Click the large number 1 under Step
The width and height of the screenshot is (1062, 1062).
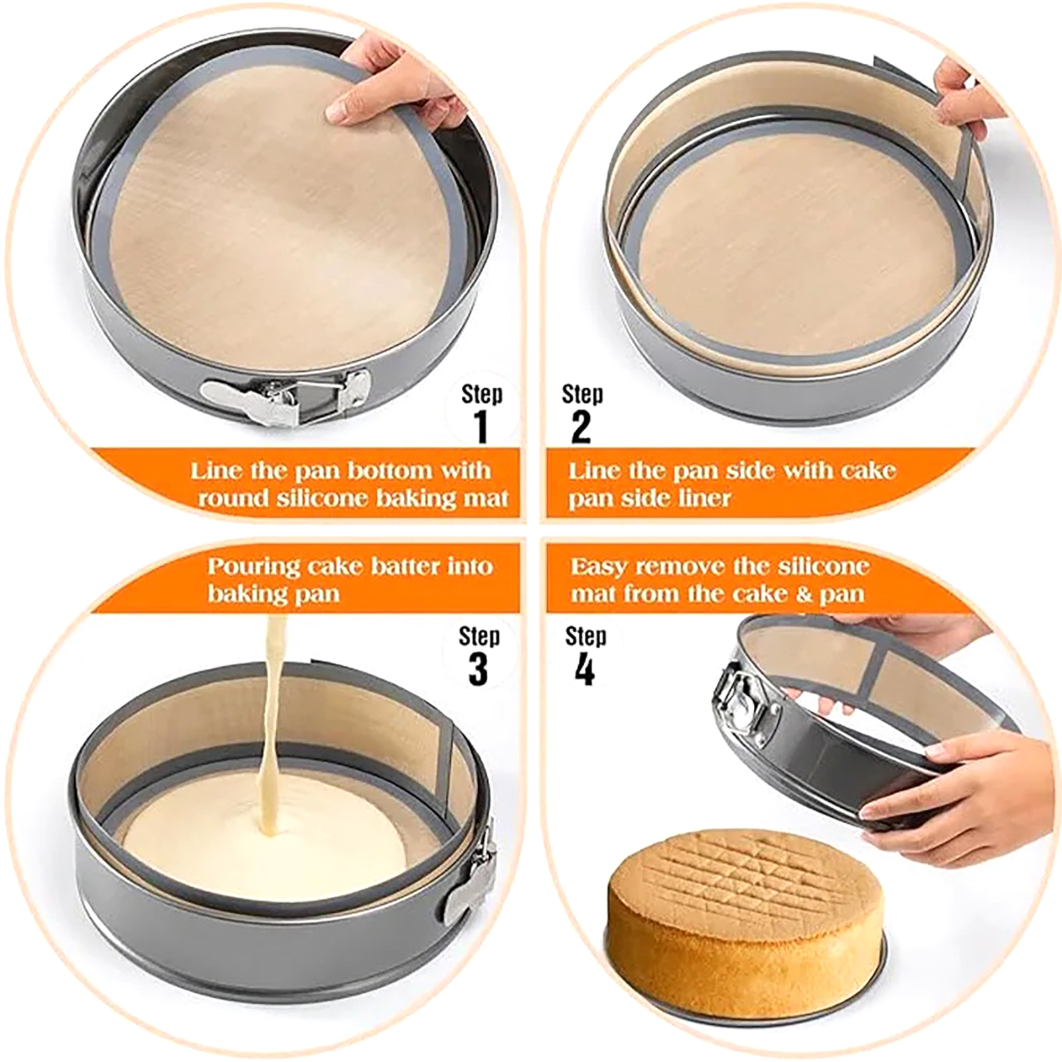click(x=483, y=426)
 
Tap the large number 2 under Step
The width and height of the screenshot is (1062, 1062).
click(x=581, y=427)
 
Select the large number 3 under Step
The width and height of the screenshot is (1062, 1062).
click(x=478, y=668)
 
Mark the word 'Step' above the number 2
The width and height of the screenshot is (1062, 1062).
click(x=582, y=394)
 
